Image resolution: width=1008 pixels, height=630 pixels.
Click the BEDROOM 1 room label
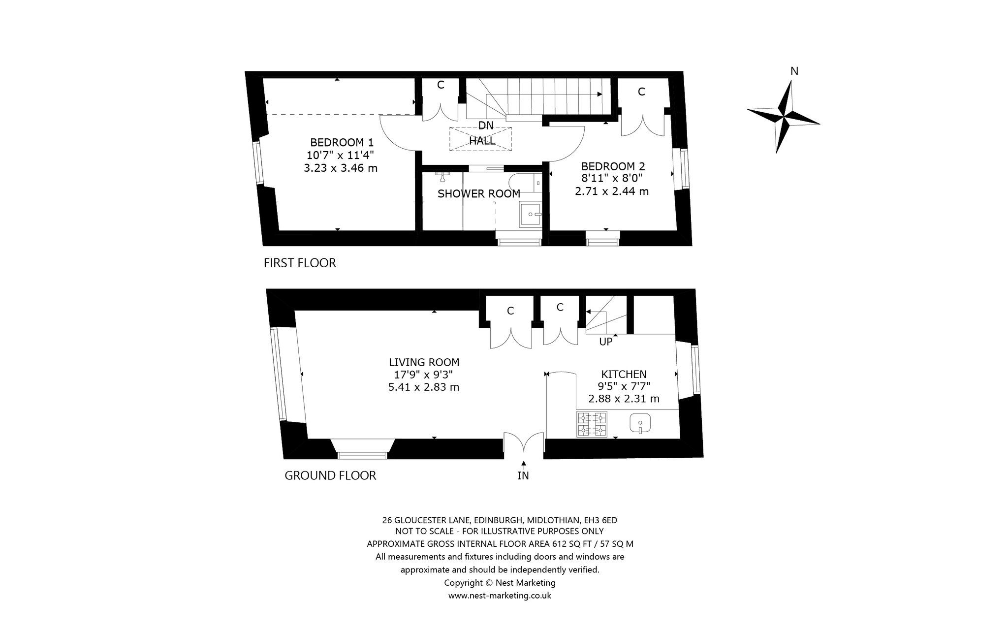click(342, 143)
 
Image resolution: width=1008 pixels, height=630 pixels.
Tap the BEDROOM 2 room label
click(613, 166)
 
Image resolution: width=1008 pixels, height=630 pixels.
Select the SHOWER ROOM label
click(479, 194)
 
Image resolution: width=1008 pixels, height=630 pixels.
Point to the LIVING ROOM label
click(424, 363)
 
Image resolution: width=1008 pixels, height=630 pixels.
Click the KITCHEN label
click(624, 375)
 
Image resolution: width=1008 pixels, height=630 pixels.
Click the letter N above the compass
click(794, 71)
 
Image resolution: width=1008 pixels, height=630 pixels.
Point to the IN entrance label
click(523, 476)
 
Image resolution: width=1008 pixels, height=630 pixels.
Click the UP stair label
click(605, 342)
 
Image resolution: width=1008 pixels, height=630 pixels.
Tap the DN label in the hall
click(486, 126)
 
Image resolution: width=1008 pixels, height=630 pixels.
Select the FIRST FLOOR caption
click(300, 263)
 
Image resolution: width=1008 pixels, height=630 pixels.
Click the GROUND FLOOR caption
click(330, 476)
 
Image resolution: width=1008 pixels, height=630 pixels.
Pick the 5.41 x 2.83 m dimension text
click(424, 387)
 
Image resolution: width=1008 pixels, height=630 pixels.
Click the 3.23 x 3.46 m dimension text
click(341, 168)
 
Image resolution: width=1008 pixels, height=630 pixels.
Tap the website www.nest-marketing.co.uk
click(500, 596)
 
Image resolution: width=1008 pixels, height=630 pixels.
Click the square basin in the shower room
click(530, 214)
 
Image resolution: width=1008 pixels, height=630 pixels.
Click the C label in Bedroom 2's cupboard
click(641, 92)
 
